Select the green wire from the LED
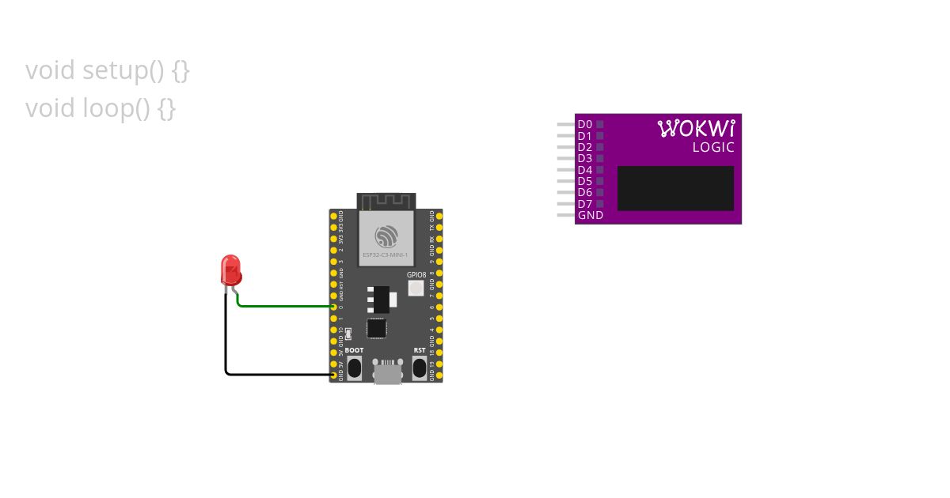pos(285,306)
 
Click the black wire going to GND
pos(226,340)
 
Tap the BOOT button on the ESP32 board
pos(354,367)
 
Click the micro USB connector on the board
pos(386,372)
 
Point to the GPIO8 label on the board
pos(416,275)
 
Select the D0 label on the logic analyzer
pos(584,124)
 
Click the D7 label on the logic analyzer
pos(584,204)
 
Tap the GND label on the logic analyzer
pos(590,215)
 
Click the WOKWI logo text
pos(697,128)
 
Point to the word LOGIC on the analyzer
pos(713,148)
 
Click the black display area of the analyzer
pos(675,188)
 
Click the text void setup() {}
pos(108,71)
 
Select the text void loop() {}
pos(101,108)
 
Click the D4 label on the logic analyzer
pos(584,170)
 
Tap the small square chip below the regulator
pos(377,327)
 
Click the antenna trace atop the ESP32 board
pos(386,201)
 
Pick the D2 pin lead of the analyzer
pos(565,147)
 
